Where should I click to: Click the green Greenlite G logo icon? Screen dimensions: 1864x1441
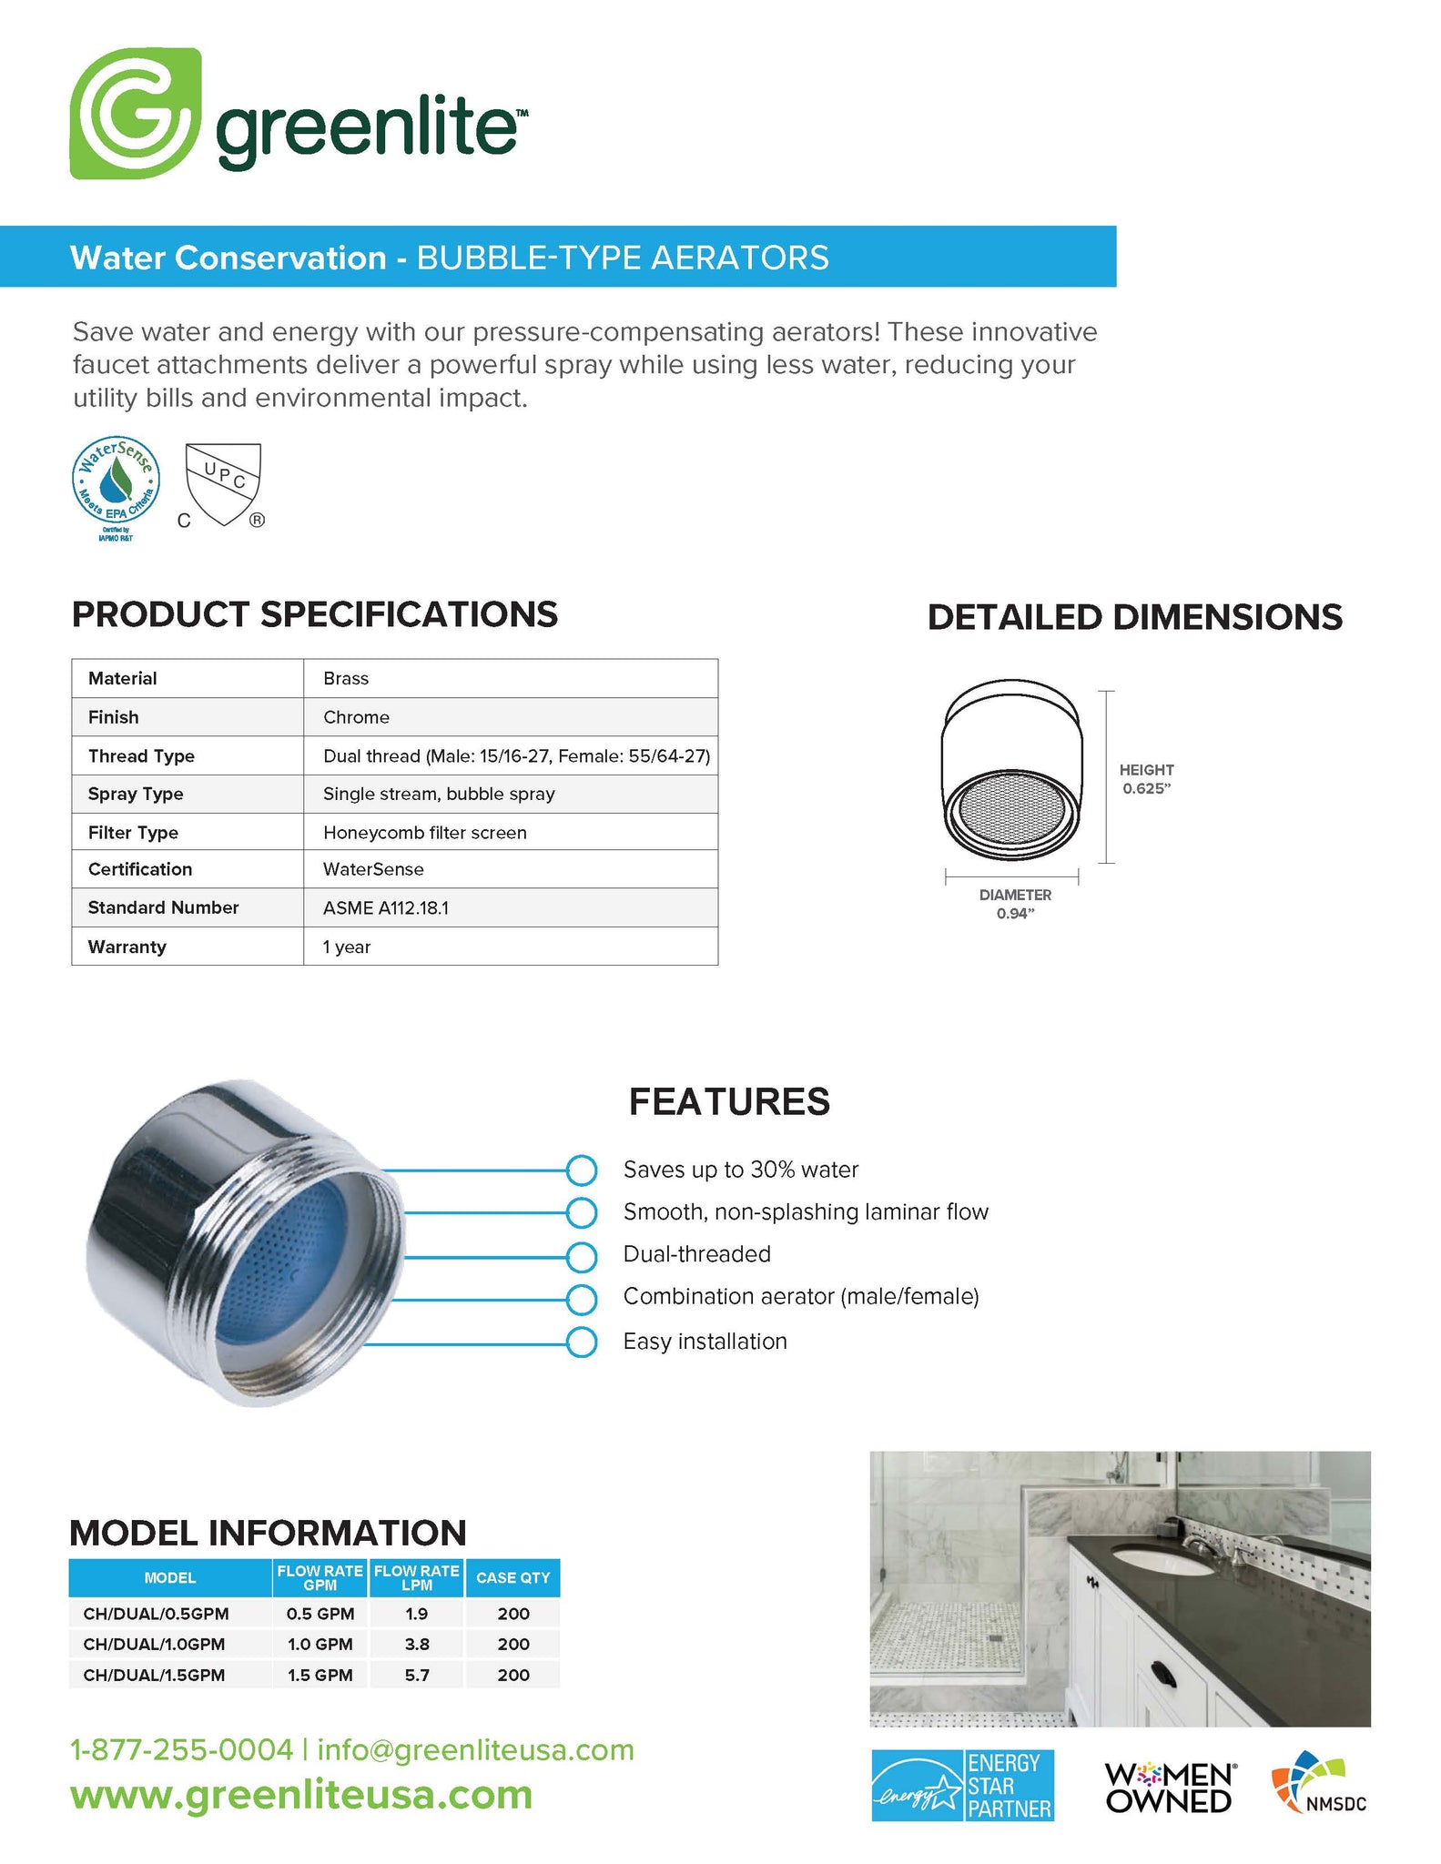135,113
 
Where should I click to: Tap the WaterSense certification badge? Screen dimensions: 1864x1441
116,481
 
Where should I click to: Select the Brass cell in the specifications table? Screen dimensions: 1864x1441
346,678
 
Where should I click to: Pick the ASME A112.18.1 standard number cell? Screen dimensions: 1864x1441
386,907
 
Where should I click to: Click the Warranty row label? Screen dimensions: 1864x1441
127,947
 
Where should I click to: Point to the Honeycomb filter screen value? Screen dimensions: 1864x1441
424,832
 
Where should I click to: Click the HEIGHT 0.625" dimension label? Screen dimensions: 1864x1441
1146,779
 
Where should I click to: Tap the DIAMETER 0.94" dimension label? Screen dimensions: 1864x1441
1015,904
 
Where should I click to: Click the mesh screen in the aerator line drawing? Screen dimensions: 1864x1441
1011,809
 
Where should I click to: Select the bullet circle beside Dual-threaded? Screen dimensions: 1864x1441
581,1256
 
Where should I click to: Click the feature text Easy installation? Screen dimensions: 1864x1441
705,1341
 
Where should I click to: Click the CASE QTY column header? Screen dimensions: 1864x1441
512,1577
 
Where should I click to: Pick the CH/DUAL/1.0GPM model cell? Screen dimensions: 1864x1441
154,1644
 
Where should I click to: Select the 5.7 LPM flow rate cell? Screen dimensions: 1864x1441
417,1675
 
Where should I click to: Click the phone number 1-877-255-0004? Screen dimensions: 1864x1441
182,1749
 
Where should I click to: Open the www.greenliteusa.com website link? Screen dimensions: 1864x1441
301,1795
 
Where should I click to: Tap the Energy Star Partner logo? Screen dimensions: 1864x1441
962,1786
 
